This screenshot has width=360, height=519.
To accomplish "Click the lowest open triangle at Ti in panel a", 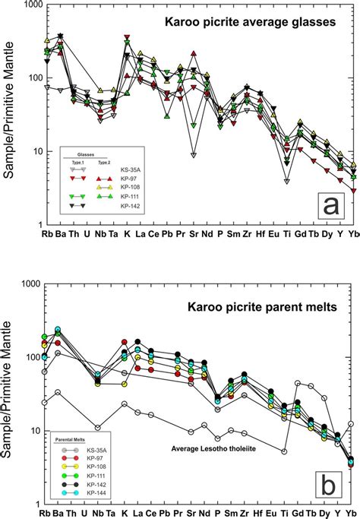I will click(x=286, y=182).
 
